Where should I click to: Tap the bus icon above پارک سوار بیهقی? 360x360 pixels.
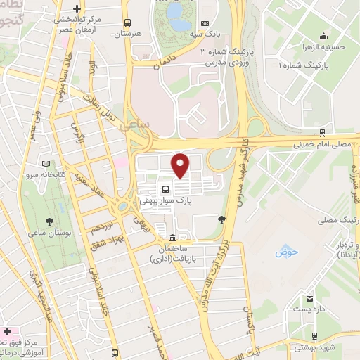pyautogui.click(x=165, y=189)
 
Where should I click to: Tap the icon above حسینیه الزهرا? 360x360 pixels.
pyautogui.click(x=323, y=37)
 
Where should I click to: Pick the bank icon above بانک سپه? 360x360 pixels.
pyautogui.click(x=204, y=23)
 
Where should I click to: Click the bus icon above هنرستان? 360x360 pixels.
pyautogui.click(x=127, y=22)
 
